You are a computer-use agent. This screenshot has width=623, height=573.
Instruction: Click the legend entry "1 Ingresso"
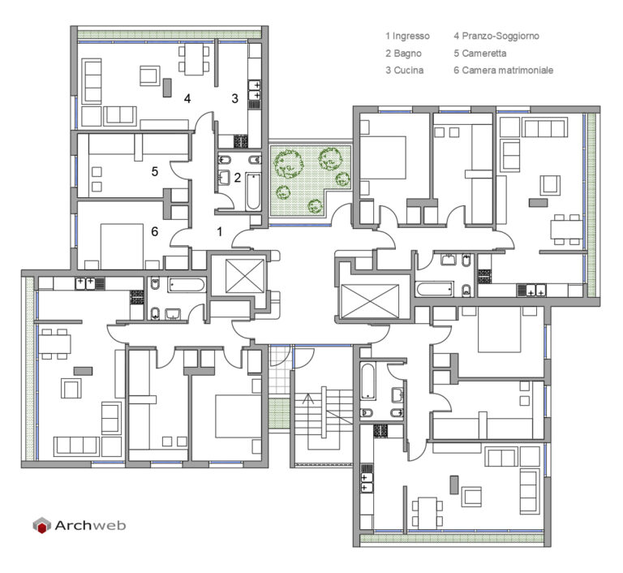coord(407,37)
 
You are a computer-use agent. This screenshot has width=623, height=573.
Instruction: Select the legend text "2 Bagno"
coord(403,54)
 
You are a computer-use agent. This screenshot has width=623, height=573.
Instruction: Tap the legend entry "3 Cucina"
coord(405,71)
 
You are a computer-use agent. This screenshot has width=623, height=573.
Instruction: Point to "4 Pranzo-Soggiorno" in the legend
coord(496,37)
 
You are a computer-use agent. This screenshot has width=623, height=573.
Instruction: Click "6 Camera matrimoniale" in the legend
coord(503,71)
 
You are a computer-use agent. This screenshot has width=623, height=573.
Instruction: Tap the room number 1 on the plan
coord(219,231)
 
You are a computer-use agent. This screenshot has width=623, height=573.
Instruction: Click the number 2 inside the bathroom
coord(237,178)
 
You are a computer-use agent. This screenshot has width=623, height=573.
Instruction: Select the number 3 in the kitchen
coord(235,98)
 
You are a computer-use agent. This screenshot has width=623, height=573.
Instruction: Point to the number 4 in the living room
coord(187,98)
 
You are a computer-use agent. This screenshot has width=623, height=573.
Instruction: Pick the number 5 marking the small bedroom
coord(154,171)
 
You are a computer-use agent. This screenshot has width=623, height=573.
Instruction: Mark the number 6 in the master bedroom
coord(154,231)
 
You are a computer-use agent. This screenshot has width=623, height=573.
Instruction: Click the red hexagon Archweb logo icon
coord(41,525)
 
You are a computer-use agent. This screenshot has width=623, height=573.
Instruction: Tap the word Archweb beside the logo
coord(91,525)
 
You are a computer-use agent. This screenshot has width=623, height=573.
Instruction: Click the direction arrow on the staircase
coord(309,399)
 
